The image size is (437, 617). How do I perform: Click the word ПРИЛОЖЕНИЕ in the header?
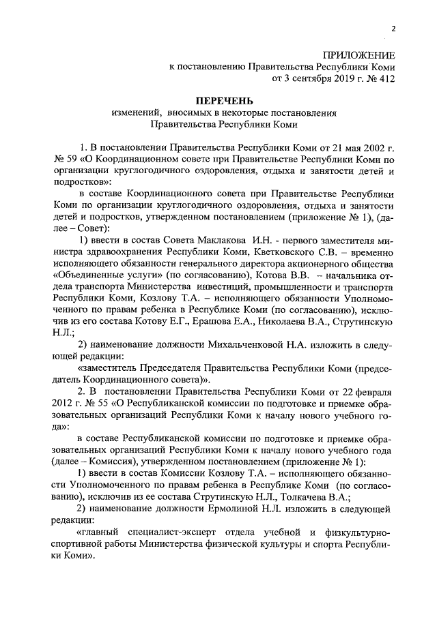pos(358,54)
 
